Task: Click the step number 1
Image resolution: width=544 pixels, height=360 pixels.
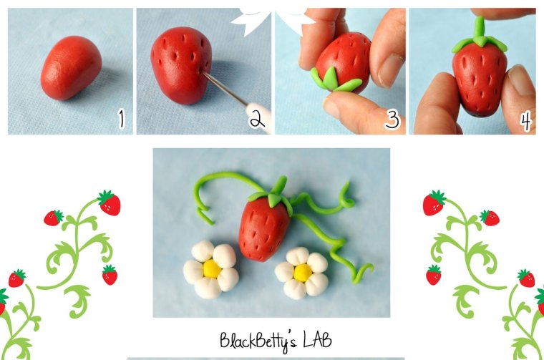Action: pos(121,119)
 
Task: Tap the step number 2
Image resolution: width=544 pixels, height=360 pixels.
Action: pos(257,119)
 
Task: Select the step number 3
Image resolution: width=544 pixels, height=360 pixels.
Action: pos(392,120)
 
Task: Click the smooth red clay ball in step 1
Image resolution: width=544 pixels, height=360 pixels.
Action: pos(71,68)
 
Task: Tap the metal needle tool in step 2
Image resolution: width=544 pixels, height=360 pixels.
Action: pos(224,88)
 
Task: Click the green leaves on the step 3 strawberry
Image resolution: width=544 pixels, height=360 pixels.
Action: pos(333,80)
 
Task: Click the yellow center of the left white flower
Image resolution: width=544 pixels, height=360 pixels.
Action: pos(212,269)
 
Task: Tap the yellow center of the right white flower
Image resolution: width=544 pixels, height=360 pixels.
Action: pos(303,273)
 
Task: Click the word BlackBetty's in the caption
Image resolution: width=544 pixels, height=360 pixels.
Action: pos(258,341)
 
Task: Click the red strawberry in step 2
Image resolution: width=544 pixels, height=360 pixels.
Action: pos(180,65)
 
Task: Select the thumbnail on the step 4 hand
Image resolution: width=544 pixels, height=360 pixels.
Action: pos(521,80)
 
